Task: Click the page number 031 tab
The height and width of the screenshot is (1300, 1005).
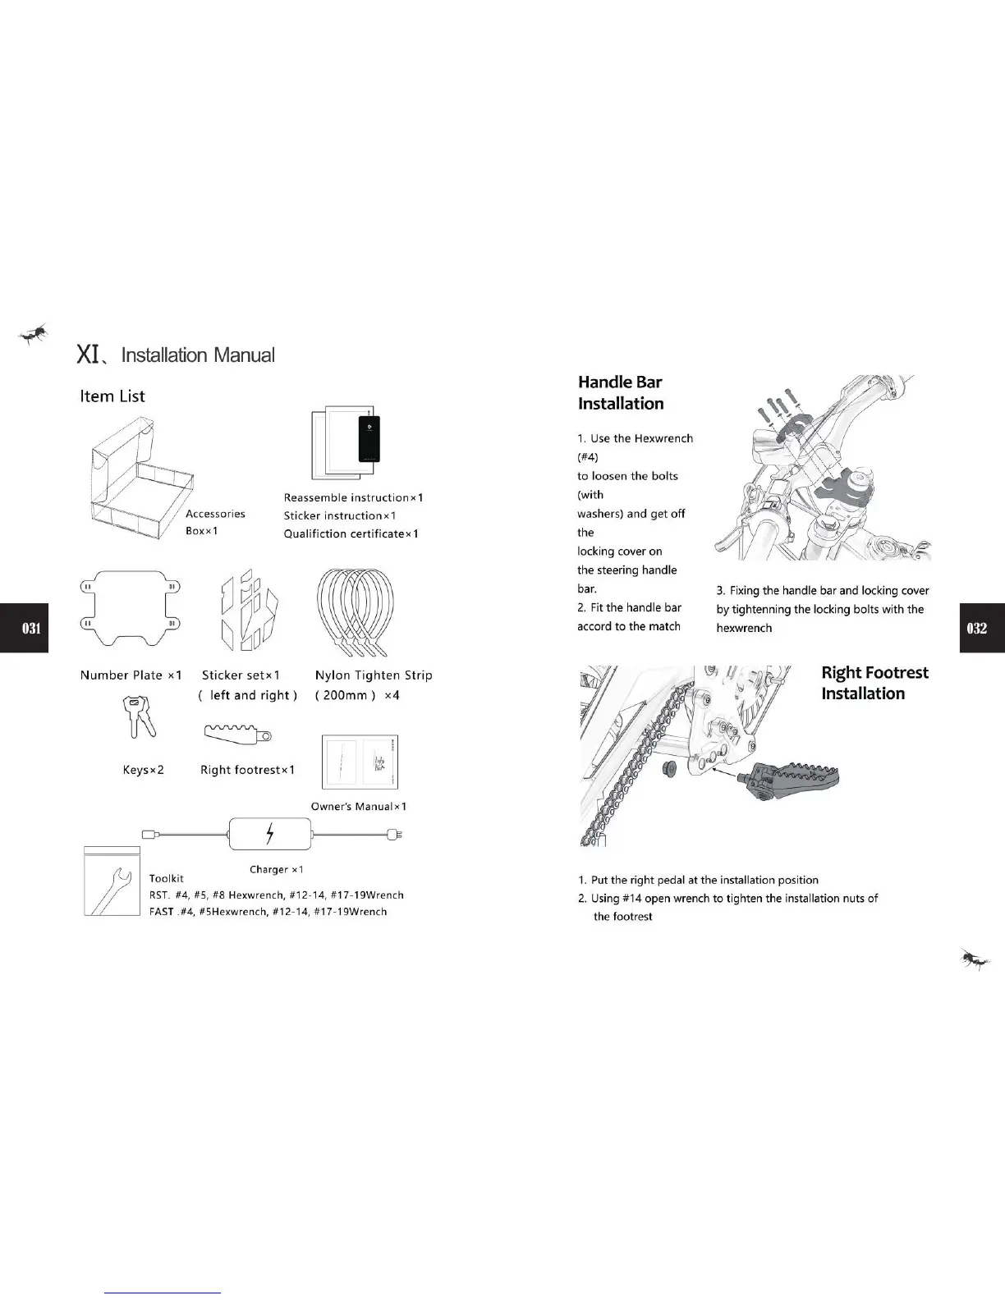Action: (24, 628)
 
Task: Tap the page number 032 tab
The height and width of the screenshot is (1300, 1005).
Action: (981, 628)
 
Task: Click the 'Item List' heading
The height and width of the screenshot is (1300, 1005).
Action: (112, 396)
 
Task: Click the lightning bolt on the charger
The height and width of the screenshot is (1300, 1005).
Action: (271, 835)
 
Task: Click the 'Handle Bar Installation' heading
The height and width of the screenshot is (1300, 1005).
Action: (621, 392)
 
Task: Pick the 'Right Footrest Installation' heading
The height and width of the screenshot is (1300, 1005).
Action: (874, 683)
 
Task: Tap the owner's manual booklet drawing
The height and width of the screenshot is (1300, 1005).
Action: (360, 761)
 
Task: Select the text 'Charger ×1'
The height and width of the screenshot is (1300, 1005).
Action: (277, 869)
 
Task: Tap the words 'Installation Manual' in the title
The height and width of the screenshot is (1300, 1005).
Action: (198, 355)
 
